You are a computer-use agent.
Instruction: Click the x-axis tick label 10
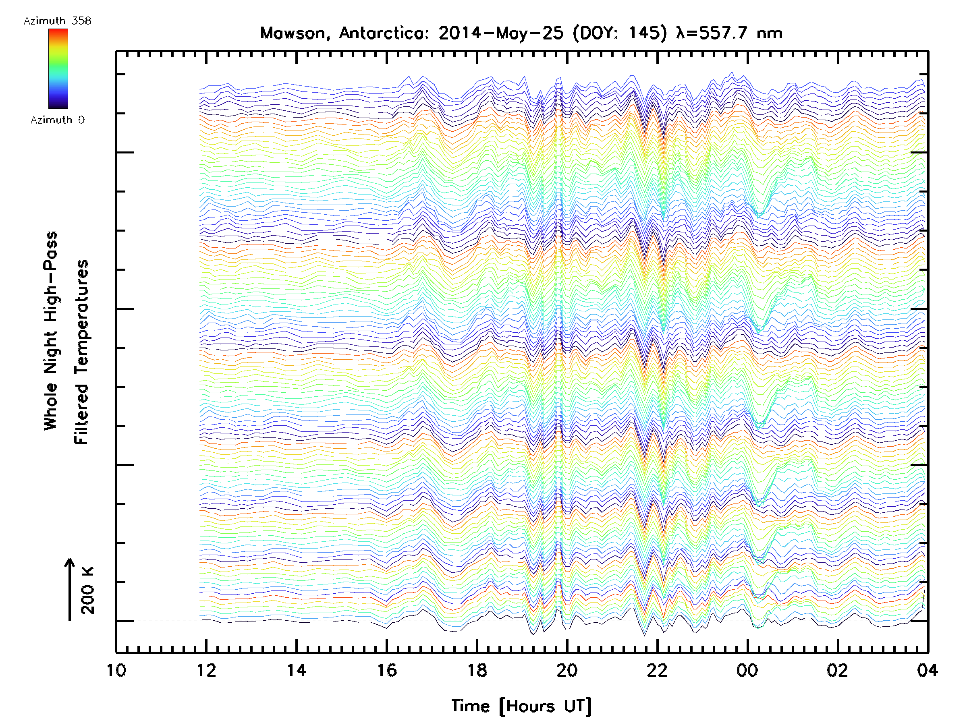[x=116, y=670]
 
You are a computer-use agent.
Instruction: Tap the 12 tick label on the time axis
[x=206, y=670]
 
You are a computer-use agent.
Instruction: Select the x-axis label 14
[x=297, y=670]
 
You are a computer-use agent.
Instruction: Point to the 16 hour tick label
[x=387, y=670]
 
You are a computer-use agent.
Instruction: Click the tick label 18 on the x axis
[x=477, y=670]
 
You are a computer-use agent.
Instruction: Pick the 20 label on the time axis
[x=567, y=670]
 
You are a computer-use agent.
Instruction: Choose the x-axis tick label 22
[x=657, y=670]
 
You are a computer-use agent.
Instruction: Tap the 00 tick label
[x=747, y=670]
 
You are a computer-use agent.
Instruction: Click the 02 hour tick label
[x=837, y=670]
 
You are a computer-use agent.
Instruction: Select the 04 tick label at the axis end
[x=927, y=670]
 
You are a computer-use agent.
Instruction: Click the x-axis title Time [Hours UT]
[x=521, y=706]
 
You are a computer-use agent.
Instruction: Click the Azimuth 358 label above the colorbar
[x=57, y=21]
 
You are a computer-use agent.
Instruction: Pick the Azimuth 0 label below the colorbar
[x=57, y=120]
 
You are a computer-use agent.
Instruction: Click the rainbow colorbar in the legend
[x=58, y=68]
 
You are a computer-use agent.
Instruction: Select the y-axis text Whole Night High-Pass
[x=51, y=330]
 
